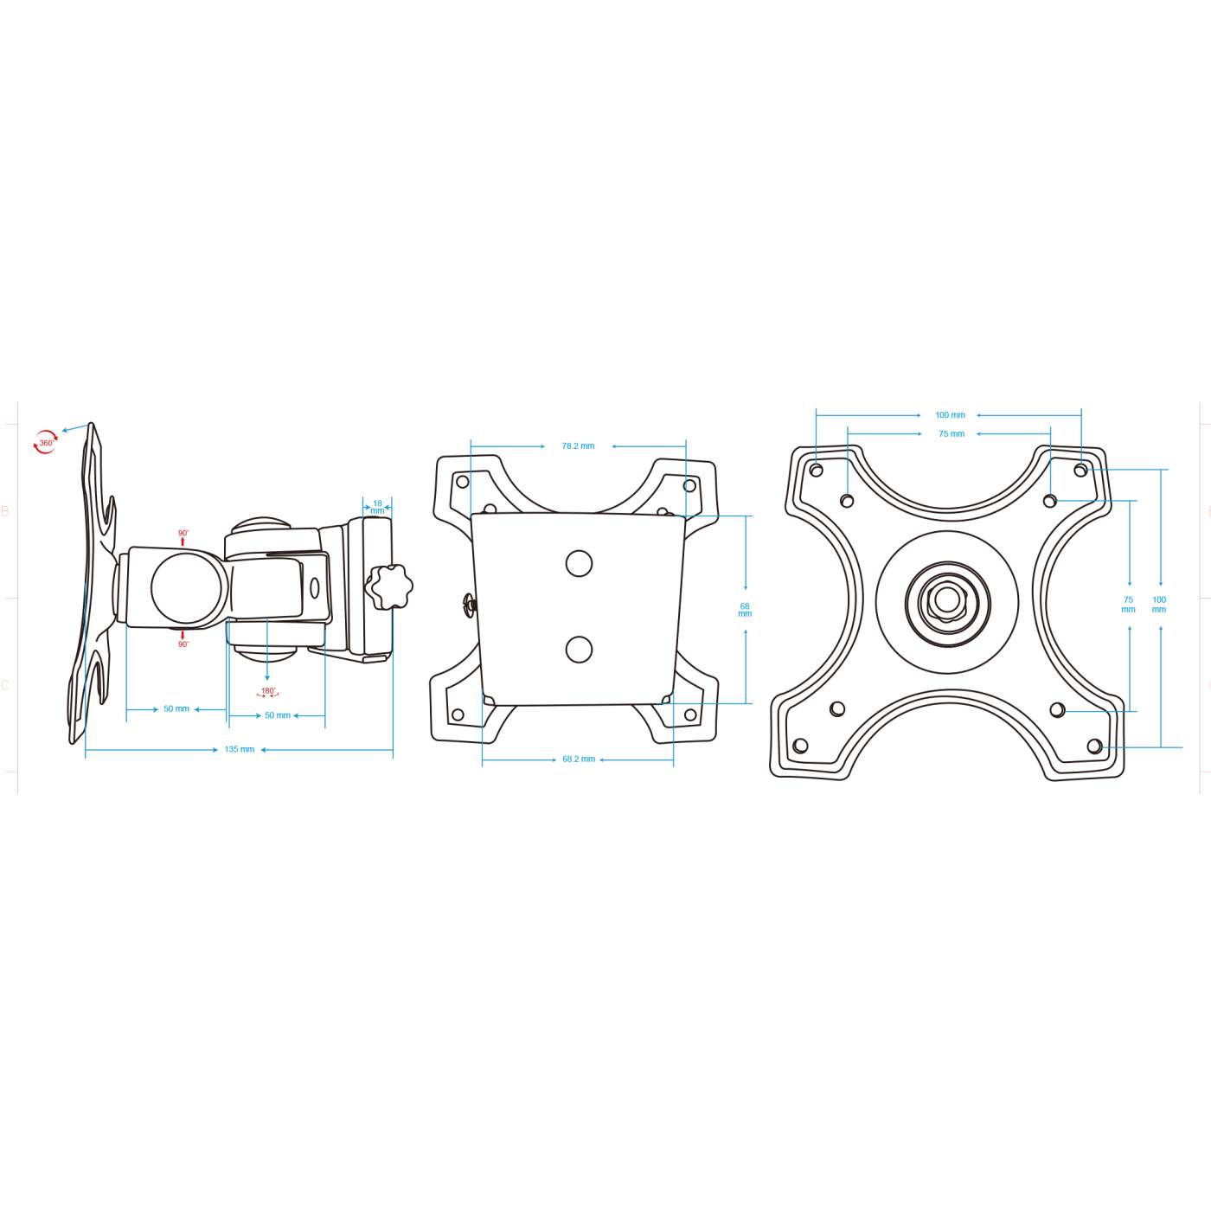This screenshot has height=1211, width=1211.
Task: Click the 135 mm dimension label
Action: [x=240, y=749]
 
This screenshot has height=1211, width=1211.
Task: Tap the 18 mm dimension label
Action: [x=377, y=507]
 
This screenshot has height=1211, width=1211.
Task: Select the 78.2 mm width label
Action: [x=578, y=446]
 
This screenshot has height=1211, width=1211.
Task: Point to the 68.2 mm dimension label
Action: [x=579, y=759]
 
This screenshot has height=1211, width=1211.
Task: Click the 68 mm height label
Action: [x=745, y=610]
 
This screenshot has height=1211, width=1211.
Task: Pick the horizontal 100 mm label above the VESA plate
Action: [x=950, y=415]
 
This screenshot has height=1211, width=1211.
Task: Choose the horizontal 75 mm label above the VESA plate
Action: [x=951, y=434]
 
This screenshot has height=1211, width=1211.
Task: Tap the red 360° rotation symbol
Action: [x=45, y=443]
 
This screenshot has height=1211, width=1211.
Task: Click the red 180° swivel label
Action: [x=268, y=692]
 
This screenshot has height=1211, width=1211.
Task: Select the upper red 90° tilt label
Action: [x=183, y=535]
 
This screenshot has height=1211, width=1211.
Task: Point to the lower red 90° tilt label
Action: [x=183, y=644]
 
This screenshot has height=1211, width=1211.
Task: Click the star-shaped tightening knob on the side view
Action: [x=388, y=587]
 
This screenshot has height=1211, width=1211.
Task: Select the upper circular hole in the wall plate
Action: [x=579, y=564]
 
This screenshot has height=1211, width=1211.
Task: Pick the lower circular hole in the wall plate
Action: [x=579, y=650]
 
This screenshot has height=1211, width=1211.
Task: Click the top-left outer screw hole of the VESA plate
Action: [x=816, y=471]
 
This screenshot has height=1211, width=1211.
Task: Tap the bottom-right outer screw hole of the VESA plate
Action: [x=1094, y=746]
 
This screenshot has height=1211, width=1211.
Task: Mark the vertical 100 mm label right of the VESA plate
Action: [x=1159, y=605]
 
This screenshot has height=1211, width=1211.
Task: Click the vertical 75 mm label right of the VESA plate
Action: [x=1128, y=605]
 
